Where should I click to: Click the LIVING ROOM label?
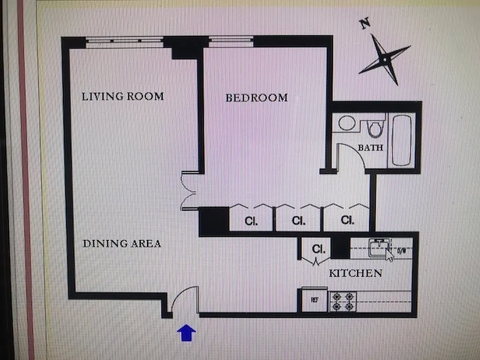122,96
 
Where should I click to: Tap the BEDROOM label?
256,98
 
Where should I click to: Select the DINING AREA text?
122,244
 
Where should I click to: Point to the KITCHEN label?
355,273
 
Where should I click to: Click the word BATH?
371,148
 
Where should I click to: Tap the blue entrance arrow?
186,333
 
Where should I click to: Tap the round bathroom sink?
347,123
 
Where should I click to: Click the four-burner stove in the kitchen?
343,301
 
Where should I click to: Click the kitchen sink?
377,248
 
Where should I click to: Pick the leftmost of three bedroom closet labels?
251,221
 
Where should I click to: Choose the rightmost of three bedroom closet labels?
347,220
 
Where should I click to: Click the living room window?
124,41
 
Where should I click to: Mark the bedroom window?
231,41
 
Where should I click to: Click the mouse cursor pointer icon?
390,255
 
